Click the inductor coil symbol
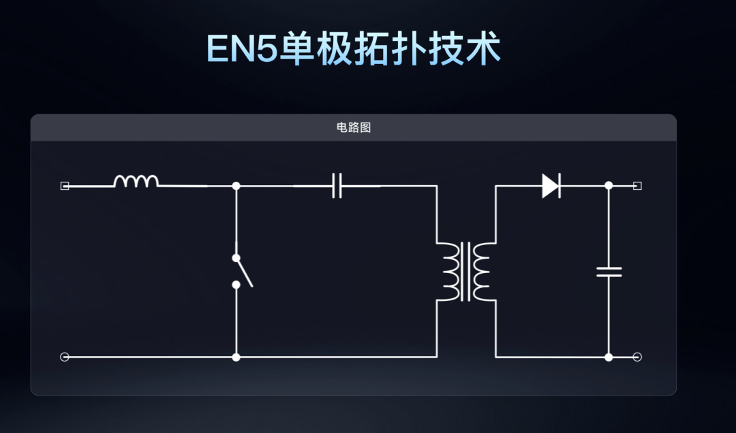(136, 180)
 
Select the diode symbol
(551, 185)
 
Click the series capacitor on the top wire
(337, 185)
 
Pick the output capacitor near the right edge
(609, 272)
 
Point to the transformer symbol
(466, 271)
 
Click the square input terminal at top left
(65, 185)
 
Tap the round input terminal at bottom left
(65, 357)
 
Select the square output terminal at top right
(637, 185)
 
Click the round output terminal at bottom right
(637, 357)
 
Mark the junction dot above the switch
(236, 185)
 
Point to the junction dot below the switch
(236, 357)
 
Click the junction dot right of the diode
(609, 185)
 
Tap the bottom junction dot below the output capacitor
(609, 357)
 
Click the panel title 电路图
(354, 127)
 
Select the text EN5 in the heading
(241, 48)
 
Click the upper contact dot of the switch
(236, 258)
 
